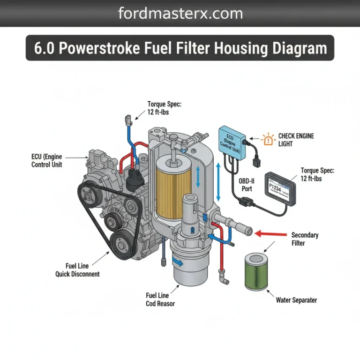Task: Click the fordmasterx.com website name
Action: (x=180, y=13)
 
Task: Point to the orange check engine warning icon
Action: (x=269, y=139)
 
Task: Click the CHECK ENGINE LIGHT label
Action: (x=296, y=140)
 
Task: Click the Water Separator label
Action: (x=296, y=300)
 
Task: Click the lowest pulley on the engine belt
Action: (x=123, y=243)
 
